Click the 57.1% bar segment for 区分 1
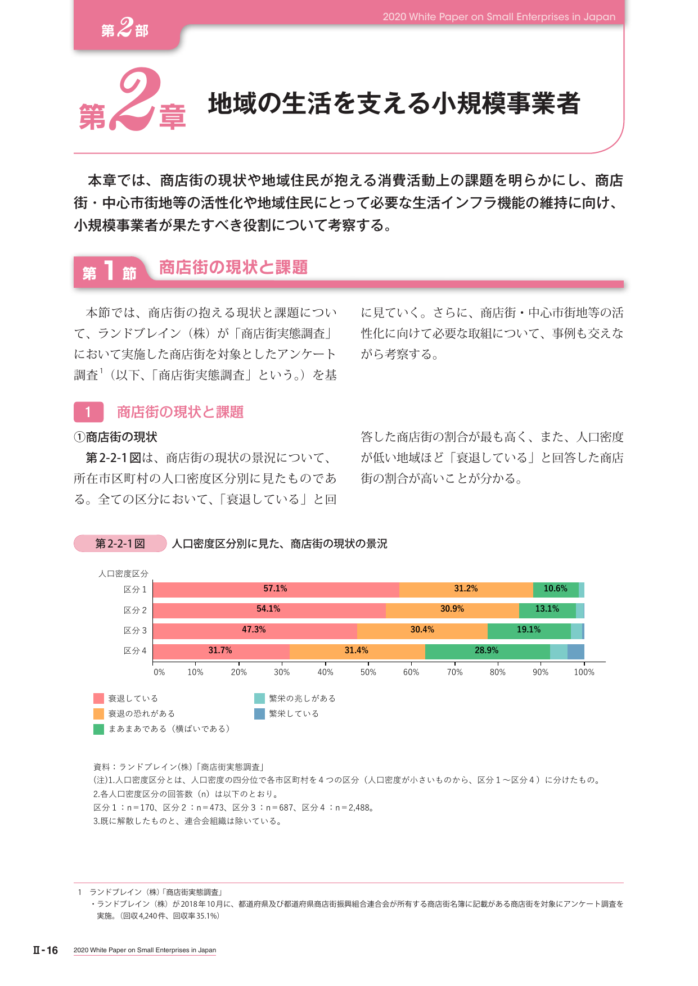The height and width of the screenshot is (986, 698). point(276,590)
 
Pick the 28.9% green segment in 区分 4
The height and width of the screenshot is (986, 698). point(488,652)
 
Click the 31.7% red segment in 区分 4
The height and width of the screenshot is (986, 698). point(221,652)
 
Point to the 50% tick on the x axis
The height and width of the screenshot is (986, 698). point(368,672)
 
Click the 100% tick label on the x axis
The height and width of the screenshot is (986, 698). point(584,672)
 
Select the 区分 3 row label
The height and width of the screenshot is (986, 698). point(135,631)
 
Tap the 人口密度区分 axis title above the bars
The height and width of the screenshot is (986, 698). point(123,573)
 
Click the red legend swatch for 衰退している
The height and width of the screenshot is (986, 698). point(99,699)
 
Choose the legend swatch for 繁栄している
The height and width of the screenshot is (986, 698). point(259,714)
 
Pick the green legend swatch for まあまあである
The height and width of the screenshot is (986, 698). point(99,729)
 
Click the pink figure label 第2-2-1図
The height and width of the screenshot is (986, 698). point(120,544)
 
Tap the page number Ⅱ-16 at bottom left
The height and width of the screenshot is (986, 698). point(46,951)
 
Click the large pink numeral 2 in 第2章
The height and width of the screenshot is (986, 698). point(133,99)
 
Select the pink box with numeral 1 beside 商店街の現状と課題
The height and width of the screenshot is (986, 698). point(88,412)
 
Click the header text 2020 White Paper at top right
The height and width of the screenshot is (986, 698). point(499,17)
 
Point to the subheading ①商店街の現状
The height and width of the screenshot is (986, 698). point(115,437)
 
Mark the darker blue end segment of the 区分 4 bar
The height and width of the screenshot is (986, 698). point(576,652)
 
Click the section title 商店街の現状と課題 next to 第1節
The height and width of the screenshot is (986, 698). point(233,267)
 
